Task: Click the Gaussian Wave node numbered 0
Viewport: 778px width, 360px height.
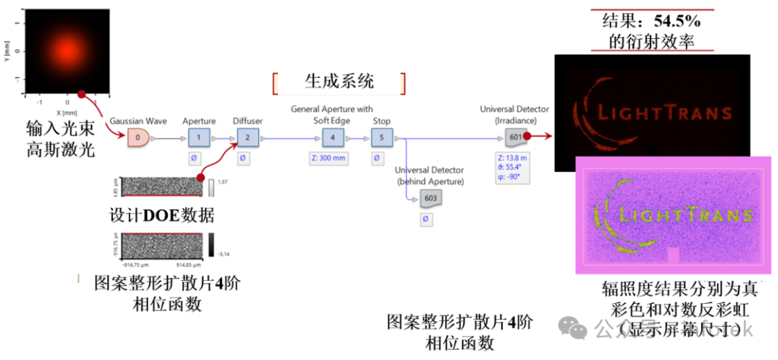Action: pyautogui.click(x=138, y=137)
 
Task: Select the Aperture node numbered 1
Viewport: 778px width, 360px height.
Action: pyautogui.click(x=199, y=137)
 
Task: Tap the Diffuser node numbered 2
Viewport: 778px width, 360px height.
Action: pyautogui.click(x=247, y=137)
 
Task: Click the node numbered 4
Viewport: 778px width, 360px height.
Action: pyautogui.click(x=332, y=137)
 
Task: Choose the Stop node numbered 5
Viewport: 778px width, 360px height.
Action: pyautogui.click(x=381, y=137)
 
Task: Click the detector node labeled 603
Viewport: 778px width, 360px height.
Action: pyautogui.click(x=429, y=198)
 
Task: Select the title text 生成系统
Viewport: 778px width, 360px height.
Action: pyautogui.click(x=338, y=81)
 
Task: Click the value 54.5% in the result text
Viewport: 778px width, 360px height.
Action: pyautogui.click(x=674, y=21)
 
